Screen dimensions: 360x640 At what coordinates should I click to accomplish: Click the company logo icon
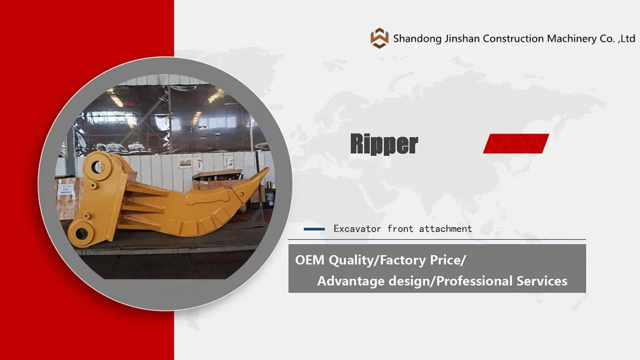click(380, 38)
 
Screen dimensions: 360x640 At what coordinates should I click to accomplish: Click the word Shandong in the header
click(415, 39)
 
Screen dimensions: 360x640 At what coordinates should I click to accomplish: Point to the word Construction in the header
click(513, 39)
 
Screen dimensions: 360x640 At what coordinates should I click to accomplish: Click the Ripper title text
click(383, 144)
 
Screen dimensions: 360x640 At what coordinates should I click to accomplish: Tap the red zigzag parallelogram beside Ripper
click(516, 144)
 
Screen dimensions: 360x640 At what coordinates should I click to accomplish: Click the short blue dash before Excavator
click(314, 229)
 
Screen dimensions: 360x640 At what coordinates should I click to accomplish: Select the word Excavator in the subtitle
click(357, 229)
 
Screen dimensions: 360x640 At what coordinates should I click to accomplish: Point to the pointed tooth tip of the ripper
click(266, 170)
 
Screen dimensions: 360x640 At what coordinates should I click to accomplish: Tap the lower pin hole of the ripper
click(79, 231)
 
